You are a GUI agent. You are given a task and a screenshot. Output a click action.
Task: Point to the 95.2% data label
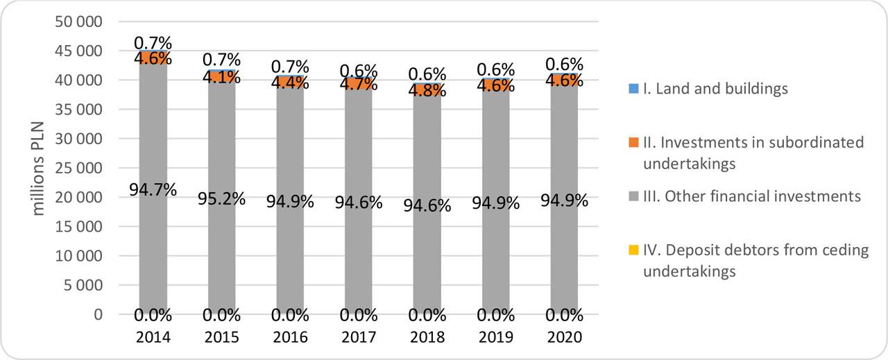click(x=222, y=198)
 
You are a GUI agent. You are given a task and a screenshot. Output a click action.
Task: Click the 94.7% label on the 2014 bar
click(x=153, y=189)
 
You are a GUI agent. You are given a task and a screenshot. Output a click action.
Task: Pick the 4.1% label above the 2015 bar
click(x=222, y=77)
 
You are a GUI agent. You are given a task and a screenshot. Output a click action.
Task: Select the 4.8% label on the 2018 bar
click(x=427, y=90)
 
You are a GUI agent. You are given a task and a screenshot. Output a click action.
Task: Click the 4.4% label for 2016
click(x=290, y=83)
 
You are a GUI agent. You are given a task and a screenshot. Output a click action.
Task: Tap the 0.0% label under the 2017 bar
click(x=359, y=316)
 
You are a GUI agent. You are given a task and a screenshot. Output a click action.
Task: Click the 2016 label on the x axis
click(x=290, y=338)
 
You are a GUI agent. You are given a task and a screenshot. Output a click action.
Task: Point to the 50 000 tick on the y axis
click(x=78, y=22)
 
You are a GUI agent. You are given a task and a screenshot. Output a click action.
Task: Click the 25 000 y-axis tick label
click(x=78, y=169)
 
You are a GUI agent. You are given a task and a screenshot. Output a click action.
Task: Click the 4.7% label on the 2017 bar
click(x=359, y=85)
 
